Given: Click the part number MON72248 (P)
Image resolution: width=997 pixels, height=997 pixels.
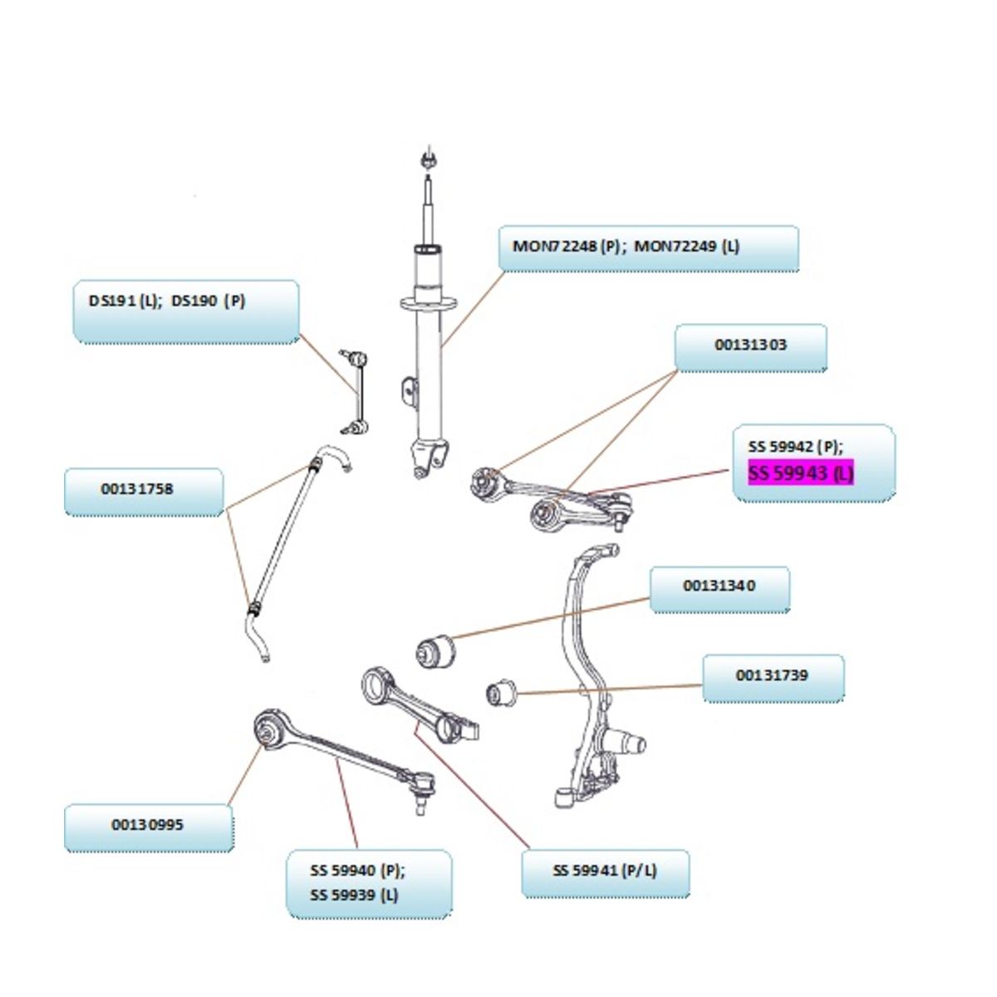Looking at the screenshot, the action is pyautogui.click(x=566, y=246).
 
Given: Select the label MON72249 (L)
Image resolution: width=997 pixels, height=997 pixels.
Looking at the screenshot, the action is pyautogui.click(x=687, y=246).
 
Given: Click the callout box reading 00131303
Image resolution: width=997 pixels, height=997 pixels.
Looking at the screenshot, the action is pyautogui.click(x=751, y=347).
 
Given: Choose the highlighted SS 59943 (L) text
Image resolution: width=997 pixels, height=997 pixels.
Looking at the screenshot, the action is pyautogui.click(x=800, y=473).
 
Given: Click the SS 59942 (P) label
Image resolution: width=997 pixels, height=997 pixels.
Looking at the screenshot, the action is pyautogui.click(x=795, y=446).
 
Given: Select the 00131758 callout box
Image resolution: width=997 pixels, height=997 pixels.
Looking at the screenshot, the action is pyautogui.click(x=144, y=492).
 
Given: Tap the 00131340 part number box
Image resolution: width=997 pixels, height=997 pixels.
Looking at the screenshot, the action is pyautogui.click(x=720, y=589).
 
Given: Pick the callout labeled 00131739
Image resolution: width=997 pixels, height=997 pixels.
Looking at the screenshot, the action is pyautogui.click(x=773, y=678).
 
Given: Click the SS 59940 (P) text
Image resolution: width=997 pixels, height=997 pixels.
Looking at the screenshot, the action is pyautogui.click(x=357, y=871).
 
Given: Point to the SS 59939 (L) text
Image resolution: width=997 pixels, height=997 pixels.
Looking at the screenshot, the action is pyautogui.click(x=354, y=896).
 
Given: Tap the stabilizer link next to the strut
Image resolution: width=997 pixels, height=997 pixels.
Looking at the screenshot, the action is pyautogui.click(x=355, y=391).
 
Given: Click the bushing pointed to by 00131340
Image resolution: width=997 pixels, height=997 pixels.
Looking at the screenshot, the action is pyautogui.click(x=435, y=650).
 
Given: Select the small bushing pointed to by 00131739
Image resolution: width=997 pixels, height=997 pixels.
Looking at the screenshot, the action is pyautogui.click(x=501, y=692).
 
